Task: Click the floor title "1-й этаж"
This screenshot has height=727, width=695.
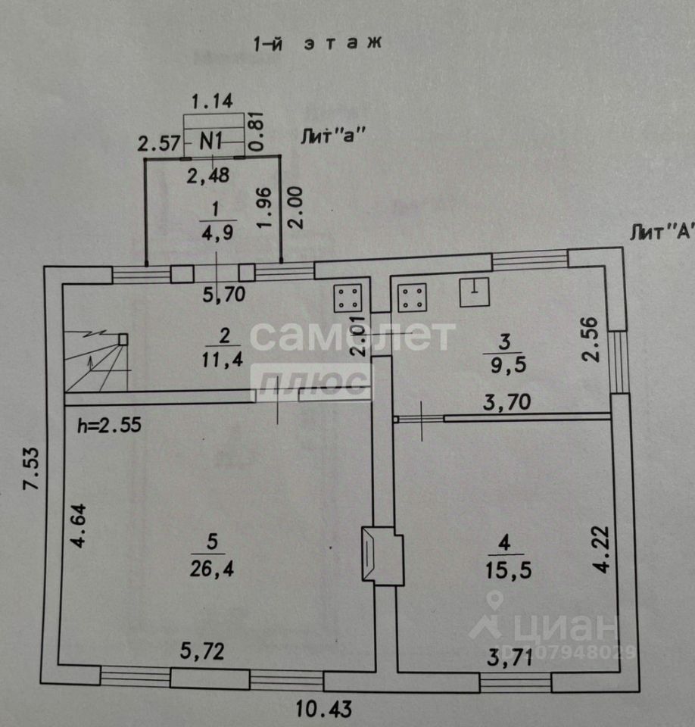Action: tap(316, 43)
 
